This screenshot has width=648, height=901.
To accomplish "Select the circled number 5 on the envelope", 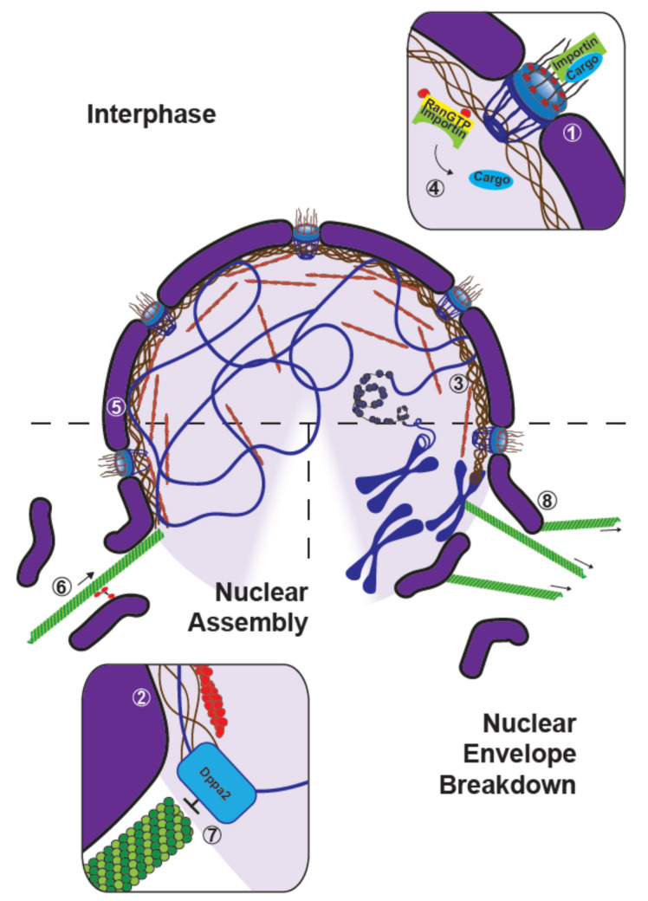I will (x=113, y=405).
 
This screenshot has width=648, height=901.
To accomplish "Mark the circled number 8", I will (x=546, y=499).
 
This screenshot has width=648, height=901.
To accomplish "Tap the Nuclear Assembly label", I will (x=262, y=607).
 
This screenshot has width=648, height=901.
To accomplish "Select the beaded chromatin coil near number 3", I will (x=379, y=397).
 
